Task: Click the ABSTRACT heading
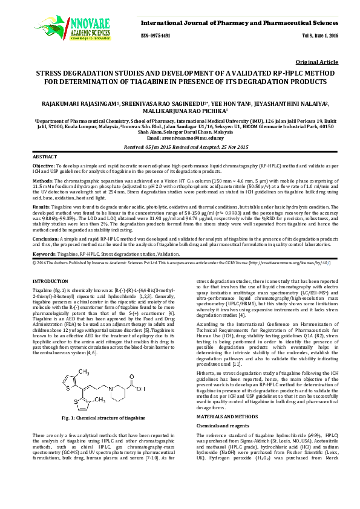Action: tap(45, 157)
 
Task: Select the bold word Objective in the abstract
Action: tap(44, 165)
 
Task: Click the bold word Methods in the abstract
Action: tap(42, 180)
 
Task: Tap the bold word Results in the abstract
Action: tap(42, 206)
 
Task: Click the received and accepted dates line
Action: tap(180, 146)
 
